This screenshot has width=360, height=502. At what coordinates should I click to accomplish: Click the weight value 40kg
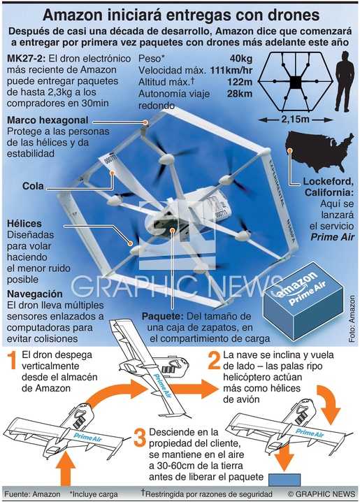pyautogui.click(x=240, y=59)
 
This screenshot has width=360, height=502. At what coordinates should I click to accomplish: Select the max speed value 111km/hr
pyautogui.click(x=231, y=71)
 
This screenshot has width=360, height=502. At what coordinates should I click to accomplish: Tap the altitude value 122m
pyautogui.click(x=240, y=82)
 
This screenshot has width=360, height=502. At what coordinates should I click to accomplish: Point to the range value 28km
pyautogui.click(x=240, y=94)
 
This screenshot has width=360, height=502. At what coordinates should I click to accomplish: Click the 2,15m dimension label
pyautogui.click(x=296, y=120)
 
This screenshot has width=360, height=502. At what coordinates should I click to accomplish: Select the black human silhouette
pyautogui.click(x=345, y=82)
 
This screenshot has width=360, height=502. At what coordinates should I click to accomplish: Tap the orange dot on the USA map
pyautogui.click(x=290, y=150)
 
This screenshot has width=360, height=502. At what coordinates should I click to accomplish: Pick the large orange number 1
pyautogui.click(x=12, y=360)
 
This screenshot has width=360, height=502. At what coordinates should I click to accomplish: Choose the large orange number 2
pyautogui.click(x=214, y=360)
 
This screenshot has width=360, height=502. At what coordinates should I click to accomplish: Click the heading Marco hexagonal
pyautogui.click(x=48, y=120)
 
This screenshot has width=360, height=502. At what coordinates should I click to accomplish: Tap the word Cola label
pyautogui.click(x=33, y=186)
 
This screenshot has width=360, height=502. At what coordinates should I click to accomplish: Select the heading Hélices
pyautogui.click(x=24, y=223)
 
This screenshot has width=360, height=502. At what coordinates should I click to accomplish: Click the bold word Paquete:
pyautogui.click(x=163, y=316)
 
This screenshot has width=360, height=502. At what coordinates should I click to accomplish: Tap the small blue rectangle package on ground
pyautogui.click(x=285, y=480)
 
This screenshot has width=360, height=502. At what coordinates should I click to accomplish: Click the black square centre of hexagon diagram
pyautogui.click(x=296, y=83)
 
